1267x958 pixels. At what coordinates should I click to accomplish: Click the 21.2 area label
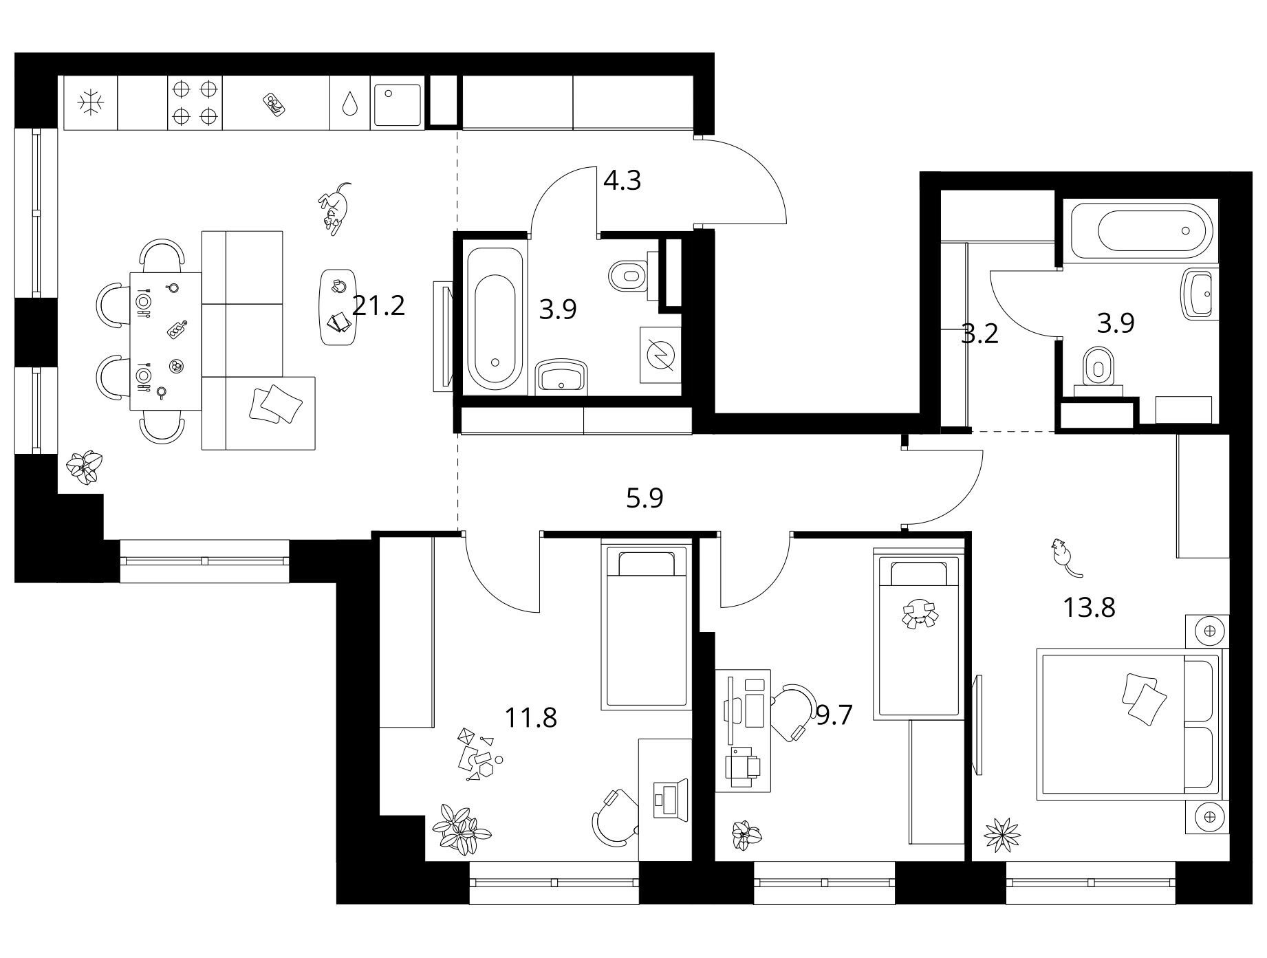coord(378,305)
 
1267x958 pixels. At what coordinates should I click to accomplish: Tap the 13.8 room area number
coord(1089,607)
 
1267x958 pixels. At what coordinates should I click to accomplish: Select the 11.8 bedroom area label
coord(530,718)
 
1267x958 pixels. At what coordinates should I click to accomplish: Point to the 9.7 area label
coord(834,716)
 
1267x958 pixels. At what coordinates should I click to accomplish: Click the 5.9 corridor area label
coord(645,498)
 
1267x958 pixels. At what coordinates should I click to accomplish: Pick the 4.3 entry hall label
coord(622,180)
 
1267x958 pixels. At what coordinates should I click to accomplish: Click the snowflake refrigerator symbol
coord(91,103)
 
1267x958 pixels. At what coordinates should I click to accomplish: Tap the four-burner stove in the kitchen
coord(195,102)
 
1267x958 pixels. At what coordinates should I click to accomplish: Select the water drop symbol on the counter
coord(350,104)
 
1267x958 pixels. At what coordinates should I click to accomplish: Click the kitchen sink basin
coord(397,105)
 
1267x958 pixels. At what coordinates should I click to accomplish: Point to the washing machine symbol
coord(660,354)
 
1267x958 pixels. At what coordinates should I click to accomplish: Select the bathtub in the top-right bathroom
coord(1142,231)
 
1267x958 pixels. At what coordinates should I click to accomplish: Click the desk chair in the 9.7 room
coord(792,712)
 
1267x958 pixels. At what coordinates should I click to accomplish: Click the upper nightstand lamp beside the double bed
coord(1210,630)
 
